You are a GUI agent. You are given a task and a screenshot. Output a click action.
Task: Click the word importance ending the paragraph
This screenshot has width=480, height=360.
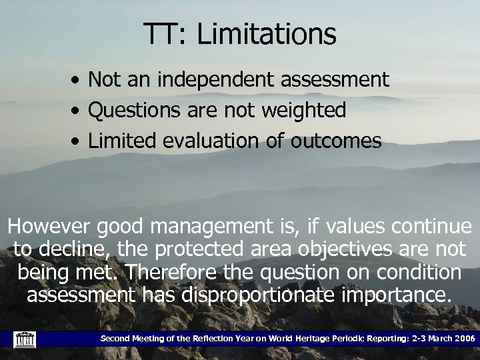point(397,295)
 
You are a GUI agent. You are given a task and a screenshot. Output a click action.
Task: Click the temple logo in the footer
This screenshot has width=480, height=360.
point(26,339)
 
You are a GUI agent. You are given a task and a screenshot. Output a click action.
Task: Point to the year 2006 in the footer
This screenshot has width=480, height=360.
point(463,339)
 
